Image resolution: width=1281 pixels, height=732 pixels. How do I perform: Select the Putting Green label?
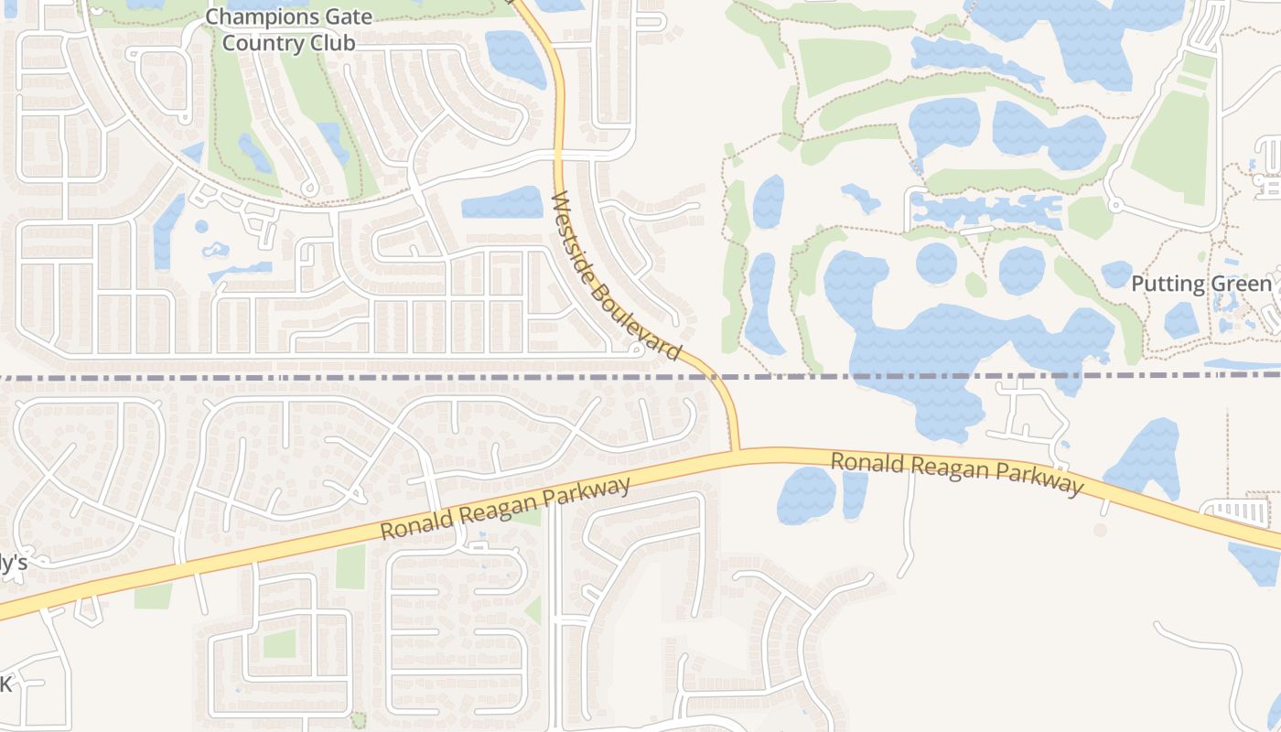1201,284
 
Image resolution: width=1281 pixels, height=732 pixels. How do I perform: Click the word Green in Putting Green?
1241,284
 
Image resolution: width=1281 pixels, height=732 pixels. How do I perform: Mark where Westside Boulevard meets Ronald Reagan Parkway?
737,450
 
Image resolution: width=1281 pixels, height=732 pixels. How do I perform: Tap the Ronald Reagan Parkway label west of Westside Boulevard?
506,508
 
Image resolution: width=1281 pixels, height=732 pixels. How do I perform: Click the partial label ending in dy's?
13,564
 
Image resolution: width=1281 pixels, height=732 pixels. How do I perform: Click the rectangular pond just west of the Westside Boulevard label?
502,203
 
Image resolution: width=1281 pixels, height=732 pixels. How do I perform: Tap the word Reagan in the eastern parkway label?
960,470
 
